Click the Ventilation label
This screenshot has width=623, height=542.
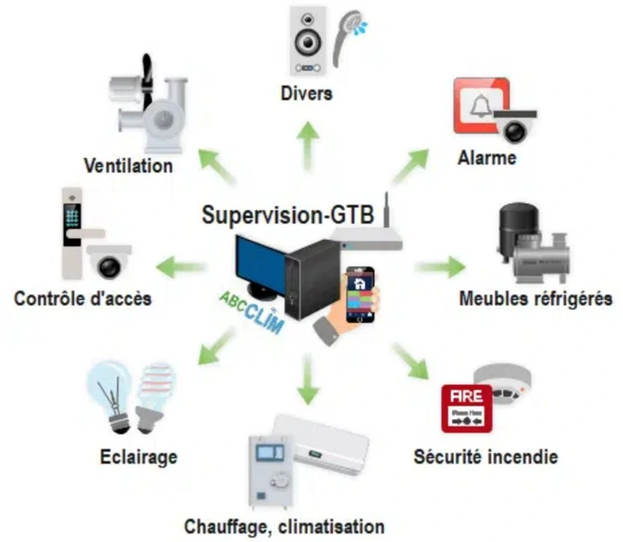pyautogui.click(x=128, y=164)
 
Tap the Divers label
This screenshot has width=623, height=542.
pyautogui.click(x=307, y=95)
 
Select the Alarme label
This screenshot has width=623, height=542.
pyautogui.click(x=487, y=158)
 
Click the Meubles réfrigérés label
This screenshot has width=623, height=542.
pyautogui.click(x=535, y=299)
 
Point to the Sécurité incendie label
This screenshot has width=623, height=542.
pyautogui.click(x=486, y=456)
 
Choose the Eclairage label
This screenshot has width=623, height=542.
pyautogui.click(x=138, y=456)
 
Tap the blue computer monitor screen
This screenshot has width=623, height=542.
pyautogui.click(x=258, y=266)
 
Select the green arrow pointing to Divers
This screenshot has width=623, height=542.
pyautogui.click(x=307, y=143)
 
